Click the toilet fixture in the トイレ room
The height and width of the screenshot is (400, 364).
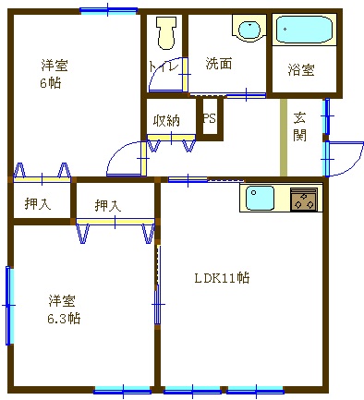click(x=166, y=33)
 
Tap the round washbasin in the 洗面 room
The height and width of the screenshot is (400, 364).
click(x=249, y=30)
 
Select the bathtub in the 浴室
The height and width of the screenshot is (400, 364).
click(x=304, y=30)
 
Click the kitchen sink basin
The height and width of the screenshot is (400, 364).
click(x=260, y=198)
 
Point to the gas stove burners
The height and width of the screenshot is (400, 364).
click(x=304, y=200)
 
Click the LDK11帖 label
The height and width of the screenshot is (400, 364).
click(x=222, y=278)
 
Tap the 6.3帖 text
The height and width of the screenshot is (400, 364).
click(x=64, y=318)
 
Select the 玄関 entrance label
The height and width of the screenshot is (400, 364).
click(x=299, y=127)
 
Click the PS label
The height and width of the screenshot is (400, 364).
click(x=210, y=118)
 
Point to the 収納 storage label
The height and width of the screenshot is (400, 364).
click(x=166, y=120)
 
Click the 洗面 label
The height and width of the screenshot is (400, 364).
click(x=219, y=64)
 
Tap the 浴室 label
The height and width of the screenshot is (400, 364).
click(x=301, y=70)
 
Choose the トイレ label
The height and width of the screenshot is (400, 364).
click(x=164, y=67)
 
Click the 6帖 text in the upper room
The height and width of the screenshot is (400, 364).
click(x=51, y=83)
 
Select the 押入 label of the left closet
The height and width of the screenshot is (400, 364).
click(x=38, y=203)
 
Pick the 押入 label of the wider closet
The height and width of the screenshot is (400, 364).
click(x=108, y=205)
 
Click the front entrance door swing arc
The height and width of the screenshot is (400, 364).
click(x=354, y=164)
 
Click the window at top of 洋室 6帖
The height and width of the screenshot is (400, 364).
click(x=108, y=10)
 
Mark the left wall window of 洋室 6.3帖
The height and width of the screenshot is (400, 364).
click(x=9, y=305)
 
